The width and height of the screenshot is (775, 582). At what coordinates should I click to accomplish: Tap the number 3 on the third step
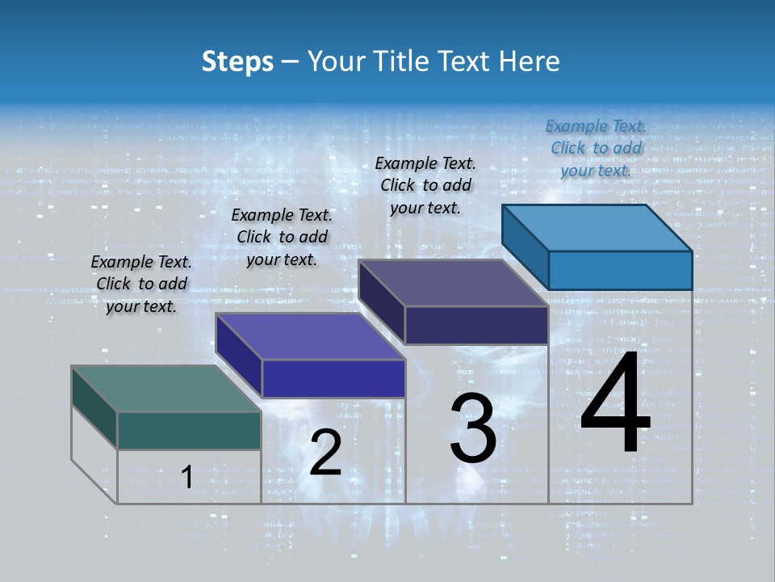pos(473,428)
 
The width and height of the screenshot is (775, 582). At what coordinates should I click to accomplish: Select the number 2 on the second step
pos(326,453)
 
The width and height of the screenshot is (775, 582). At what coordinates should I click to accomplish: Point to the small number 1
pos(186,478)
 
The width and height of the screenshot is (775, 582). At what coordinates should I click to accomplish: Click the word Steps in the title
pos(237,61)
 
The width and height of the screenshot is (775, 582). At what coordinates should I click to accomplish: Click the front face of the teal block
pos(189,430)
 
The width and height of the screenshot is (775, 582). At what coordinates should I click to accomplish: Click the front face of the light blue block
pos(620,270)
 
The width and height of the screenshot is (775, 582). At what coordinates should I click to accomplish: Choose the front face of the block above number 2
pos(333,378)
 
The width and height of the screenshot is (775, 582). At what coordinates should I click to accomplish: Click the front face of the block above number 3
pos(476,325)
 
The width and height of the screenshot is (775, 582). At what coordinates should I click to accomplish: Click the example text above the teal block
pos(141,284)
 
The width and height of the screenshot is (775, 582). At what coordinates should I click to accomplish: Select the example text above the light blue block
pos(596,148)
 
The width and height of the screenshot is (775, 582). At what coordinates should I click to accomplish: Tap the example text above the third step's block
pos(425,185)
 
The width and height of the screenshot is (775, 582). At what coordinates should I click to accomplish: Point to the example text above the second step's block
pos(282,237)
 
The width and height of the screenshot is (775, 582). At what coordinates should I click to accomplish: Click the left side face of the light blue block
pos(525,246)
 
